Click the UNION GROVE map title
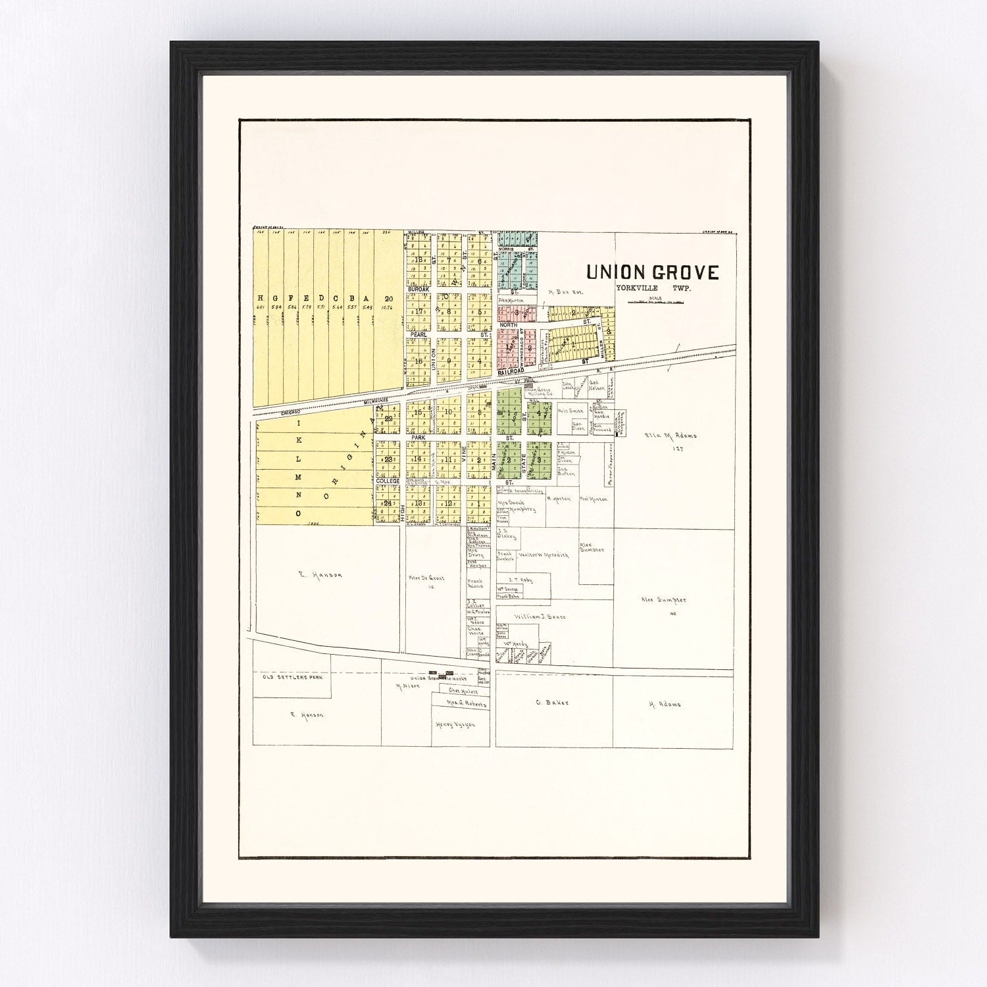click(x=653, y=272)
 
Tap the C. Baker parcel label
click(x=551, y=703)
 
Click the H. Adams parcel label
click(x=665, y=704)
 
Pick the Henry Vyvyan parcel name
click(x=455, y=724)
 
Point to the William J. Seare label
click(x=539, y=617)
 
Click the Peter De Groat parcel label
click(x=427, y=578)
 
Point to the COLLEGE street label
click(x=388, y=482)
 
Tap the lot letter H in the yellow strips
click(x=261, y=297)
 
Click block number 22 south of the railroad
click(x=388, y=418)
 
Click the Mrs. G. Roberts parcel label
click(x=467, y=704)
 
